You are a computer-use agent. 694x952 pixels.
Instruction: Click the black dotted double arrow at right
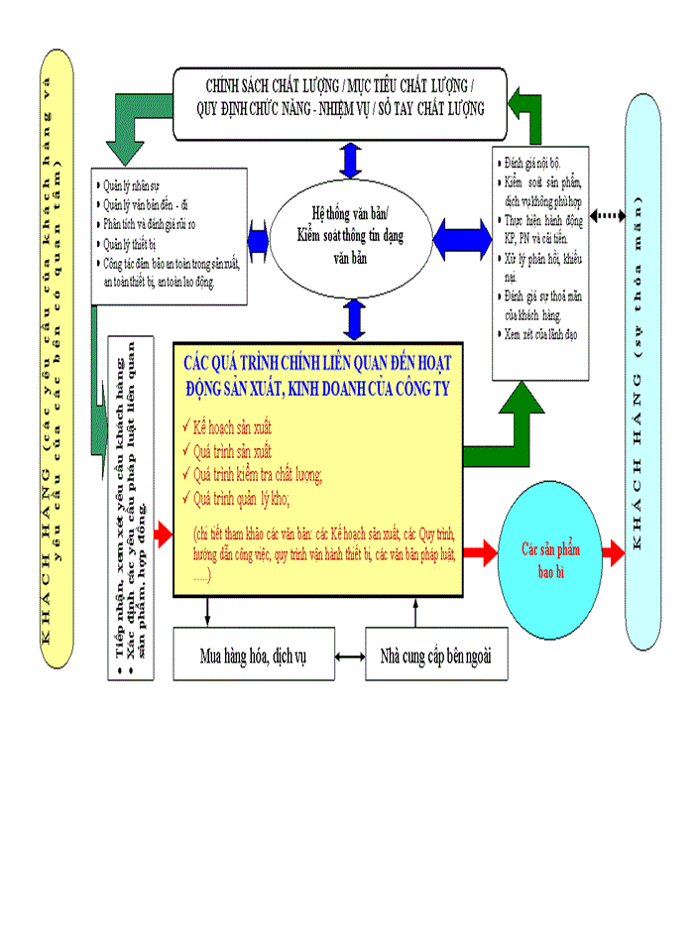click(x=608, y=214)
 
